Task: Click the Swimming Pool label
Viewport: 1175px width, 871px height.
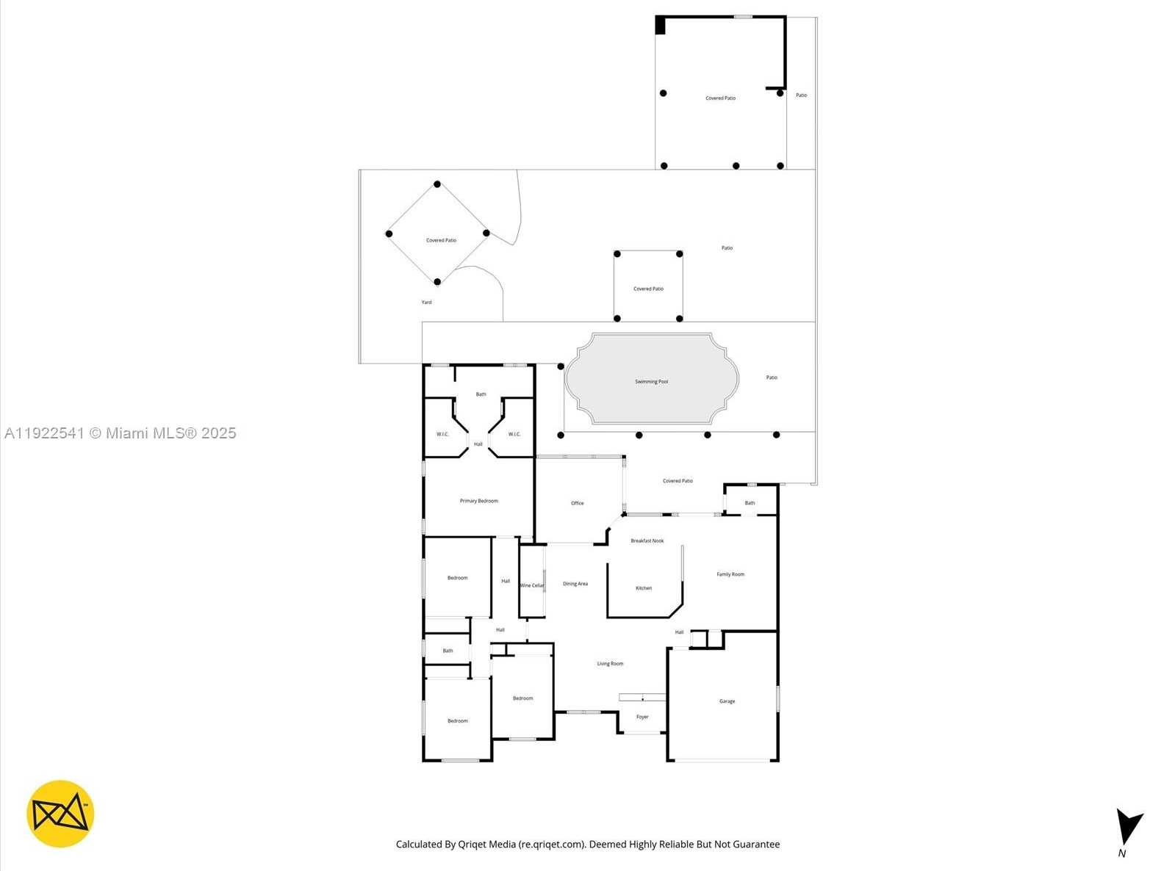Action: point(651,382)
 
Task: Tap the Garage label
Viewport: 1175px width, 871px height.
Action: point(727,701)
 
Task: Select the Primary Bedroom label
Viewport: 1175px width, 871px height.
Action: point(478,501)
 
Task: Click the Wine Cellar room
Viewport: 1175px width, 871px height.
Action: point(531,585)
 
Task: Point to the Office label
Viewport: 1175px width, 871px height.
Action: point(577,503)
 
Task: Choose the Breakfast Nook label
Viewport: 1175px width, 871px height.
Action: point(647,541)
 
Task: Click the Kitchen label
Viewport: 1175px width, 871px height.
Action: point(643,588)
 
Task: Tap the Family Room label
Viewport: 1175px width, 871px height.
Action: point(730,574)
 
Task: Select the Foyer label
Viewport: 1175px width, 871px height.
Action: point(642,717)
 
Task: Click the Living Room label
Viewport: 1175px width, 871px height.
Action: point(609,664)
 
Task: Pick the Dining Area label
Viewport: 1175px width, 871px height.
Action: point(575,584)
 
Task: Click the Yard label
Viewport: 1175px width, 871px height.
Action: point(426,302)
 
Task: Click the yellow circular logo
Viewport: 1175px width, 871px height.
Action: point(60,814)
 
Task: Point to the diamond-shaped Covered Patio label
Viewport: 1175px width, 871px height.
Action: point(441,240)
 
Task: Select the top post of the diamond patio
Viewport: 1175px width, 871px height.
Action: point(437,184)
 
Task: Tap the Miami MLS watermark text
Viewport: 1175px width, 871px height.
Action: point(121,433)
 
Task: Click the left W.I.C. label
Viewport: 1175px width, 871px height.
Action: point(442,434)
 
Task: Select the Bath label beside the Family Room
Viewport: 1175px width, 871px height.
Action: point(750,503)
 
